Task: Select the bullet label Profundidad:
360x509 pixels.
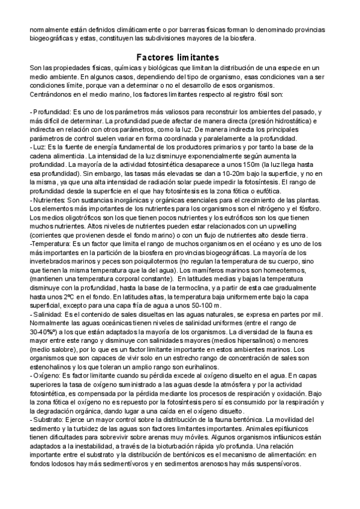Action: click(x=51, y=112)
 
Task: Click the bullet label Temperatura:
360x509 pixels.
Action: click(x=50, y=245)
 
